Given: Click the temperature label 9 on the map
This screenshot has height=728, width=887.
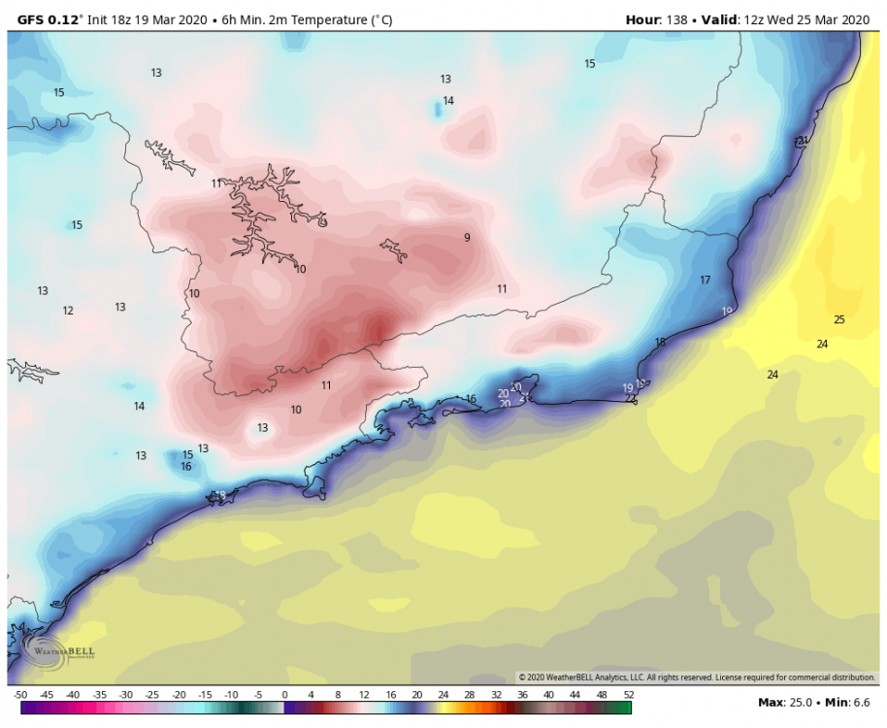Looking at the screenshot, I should [x=467, y=238].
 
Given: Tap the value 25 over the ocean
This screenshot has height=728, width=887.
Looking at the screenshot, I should [x=839, y=319].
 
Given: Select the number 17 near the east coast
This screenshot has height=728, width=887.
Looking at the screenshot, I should [x=706, y=280].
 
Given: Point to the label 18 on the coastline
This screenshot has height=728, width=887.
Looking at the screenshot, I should [x=660, y=343].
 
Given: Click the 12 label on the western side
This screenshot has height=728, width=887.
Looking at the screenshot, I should [x=68, y=311].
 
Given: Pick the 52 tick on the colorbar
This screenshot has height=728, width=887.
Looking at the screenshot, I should [x=629, y=695].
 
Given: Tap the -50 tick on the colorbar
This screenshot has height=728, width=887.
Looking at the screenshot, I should [x=20, y=695].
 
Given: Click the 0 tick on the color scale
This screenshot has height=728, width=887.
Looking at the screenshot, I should [x=285, y=695].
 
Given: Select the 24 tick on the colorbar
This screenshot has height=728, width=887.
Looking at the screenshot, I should [x=443, y=695].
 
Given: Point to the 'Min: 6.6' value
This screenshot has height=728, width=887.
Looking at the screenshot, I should [x=850, y=702].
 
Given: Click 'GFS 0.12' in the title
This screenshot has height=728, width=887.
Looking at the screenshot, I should [x=49, y=19].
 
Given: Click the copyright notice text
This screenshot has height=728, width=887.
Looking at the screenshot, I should [x=697, y=678].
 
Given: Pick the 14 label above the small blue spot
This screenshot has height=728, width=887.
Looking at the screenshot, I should [x=448, y=101].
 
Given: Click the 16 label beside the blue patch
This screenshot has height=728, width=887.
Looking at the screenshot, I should [x=185, y=467].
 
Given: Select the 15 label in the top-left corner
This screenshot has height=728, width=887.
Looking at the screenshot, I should [x=59, y=92].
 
